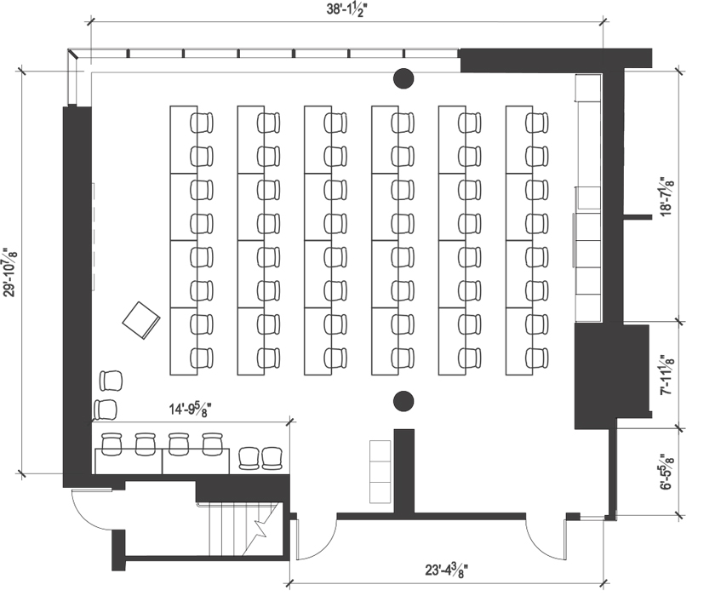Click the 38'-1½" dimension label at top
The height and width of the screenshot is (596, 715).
pos(346,10)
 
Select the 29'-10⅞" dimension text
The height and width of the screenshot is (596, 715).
pos(11,273)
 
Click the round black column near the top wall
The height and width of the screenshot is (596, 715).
pos(403,80)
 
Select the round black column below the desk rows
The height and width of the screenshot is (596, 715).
pos(403,400)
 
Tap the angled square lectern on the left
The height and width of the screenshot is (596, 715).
pos(141,319)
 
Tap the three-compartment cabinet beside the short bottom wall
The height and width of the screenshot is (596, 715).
pos(380,471)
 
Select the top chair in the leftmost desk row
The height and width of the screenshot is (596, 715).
pos(202,123)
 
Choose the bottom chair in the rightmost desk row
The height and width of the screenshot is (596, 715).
pos(536,357)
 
